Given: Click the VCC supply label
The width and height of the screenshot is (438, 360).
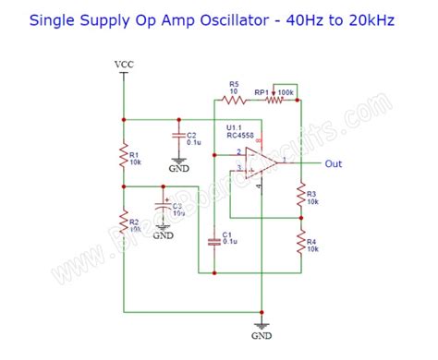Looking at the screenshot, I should (123, 64).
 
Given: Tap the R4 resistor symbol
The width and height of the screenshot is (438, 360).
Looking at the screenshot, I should (299, 244).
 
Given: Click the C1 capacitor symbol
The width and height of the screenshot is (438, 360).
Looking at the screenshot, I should (213, 240).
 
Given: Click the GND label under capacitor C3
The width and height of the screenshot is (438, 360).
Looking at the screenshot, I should (164, 235).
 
